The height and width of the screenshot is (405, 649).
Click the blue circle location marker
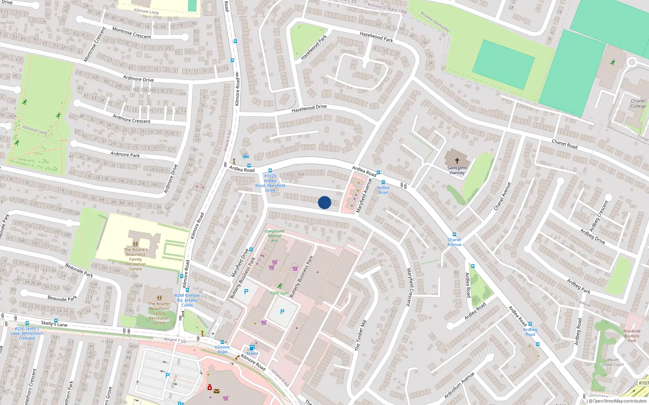(324, 202)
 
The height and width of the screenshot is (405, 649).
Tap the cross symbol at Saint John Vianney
(457, 161)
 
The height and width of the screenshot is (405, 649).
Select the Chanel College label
(638, 104)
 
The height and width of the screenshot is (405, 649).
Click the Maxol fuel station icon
(252, 347)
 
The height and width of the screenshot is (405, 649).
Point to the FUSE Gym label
(279, 293)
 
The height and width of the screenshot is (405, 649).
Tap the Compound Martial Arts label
(275, 236)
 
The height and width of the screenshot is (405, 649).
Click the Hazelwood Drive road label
(309, 108)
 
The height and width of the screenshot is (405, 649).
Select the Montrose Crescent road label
(131, 33)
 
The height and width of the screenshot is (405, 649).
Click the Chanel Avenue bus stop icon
(454, 234)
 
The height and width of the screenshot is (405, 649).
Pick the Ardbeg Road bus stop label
(530, 332)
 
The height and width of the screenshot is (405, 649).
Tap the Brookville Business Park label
(632, 336)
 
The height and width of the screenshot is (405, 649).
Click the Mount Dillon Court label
(613, 362)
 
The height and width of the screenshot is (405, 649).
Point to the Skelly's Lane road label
(54, 324)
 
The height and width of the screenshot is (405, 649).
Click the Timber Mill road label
(361, 335)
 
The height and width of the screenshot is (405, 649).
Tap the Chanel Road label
(564, 144)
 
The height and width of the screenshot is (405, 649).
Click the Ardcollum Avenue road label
(459, 385)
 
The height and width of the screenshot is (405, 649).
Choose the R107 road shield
(643, 383)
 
